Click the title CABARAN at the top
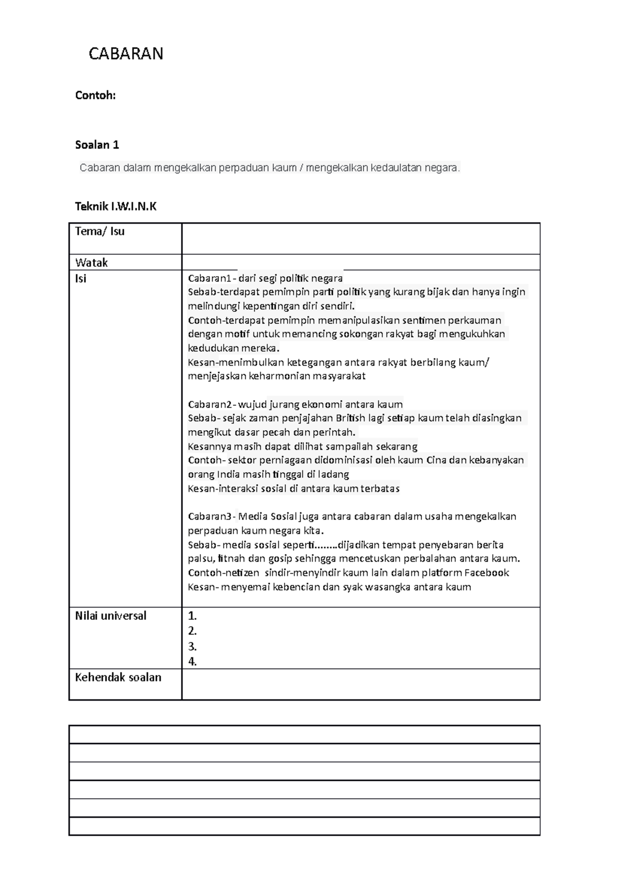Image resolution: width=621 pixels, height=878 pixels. [126, 54]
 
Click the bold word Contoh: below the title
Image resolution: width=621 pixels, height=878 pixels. [95, 95]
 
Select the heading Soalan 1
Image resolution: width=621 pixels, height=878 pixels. [97, 145]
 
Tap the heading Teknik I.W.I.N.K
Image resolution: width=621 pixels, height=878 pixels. [115, 207]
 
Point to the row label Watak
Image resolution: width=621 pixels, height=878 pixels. [91, 262]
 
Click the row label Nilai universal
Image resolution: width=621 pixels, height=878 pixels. [110, 615]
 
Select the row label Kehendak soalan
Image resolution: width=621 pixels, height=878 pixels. [118, 677]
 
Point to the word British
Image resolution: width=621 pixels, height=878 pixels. [353, 418]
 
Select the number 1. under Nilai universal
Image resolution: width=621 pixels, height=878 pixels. [193, 616]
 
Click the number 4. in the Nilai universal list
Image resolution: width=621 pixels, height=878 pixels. [193, 661]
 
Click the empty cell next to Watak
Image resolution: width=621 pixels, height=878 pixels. [360, 262]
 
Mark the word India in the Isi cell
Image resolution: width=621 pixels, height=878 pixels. [228, 474]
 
